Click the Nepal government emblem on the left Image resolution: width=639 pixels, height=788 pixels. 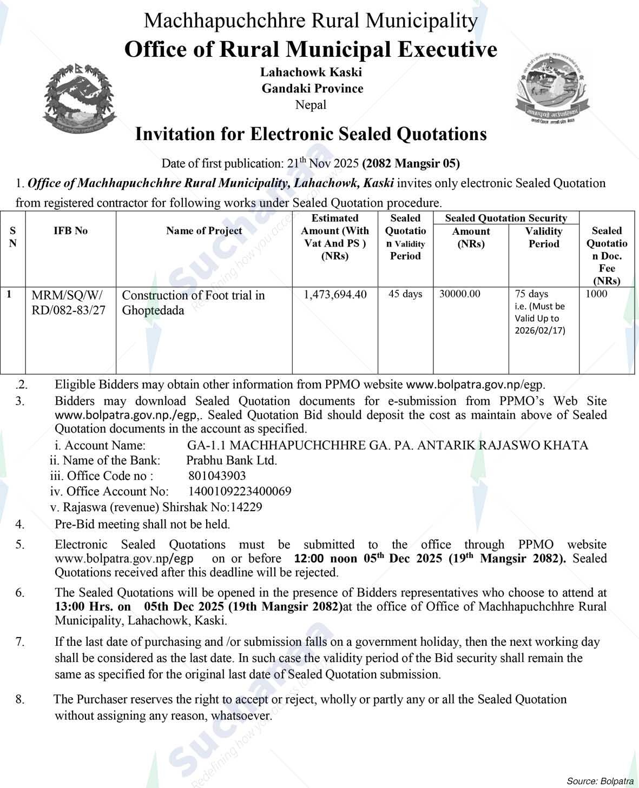point(79,99)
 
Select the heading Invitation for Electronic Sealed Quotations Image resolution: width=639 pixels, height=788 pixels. point(311,134)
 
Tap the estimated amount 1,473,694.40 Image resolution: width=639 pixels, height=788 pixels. point(335,294)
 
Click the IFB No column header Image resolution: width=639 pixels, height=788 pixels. point(70,231)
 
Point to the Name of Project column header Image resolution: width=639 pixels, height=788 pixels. point(204,231)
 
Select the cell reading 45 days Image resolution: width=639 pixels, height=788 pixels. point(405,294)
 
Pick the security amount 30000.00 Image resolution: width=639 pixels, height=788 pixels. point(460,294)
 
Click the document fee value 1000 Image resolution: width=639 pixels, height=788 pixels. point(596,294)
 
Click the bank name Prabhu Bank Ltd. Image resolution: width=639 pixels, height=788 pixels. point(232,461)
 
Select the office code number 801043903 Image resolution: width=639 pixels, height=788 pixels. point(217,476)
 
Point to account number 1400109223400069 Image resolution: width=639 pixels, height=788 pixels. point(240,492)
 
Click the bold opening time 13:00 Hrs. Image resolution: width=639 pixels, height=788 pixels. point(93,607)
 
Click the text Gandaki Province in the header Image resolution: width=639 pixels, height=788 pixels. point(312,89)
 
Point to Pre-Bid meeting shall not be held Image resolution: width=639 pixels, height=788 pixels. point(142,524)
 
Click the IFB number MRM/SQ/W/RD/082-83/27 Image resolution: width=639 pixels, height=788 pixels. point(68,302)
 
